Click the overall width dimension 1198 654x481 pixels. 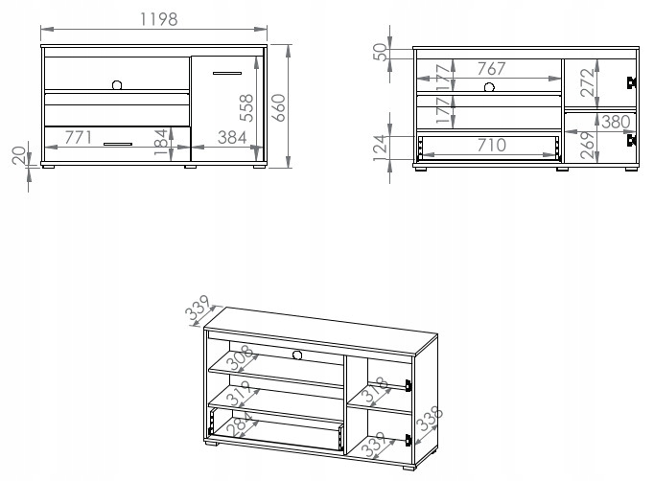pyautogui.click(x=152, y=18)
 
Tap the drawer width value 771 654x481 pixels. pyautogui.click(x=80, y=138)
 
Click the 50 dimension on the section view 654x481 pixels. pyautogui.click(x=380, y=51)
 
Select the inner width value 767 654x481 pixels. pyautogui.click(x=491, y=68)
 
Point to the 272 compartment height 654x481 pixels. pyautogui.click(x=587, y=82)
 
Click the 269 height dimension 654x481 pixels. pyautogui.click(x=587, y=143)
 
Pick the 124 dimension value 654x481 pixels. pyautogui.click(x=380, y=146)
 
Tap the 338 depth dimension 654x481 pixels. pyautogui.click(x=429, y=418)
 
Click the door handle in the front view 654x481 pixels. pyautogui.click(x=228, y=73)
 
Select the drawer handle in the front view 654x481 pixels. pyautogui.click(x=117, y=144)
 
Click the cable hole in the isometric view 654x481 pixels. pyautogui.click(x=296, y=355)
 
